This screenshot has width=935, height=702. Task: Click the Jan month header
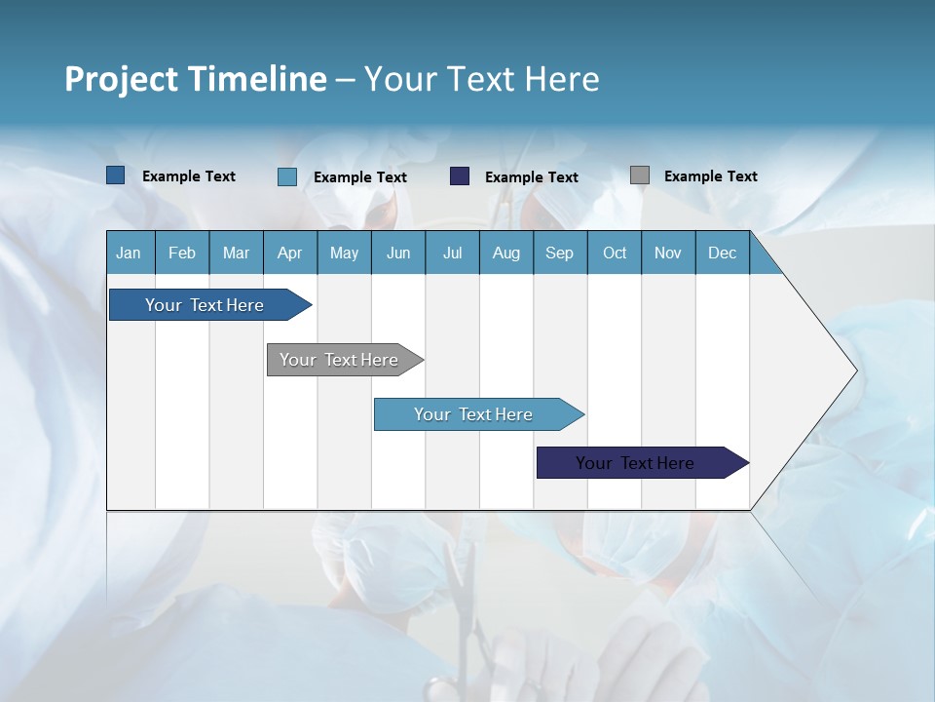point(130,253)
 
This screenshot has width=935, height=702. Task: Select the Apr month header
point(289,253)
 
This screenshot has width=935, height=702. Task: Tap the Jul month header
point(452,253)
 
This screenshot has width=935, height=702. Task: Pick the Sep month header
point(559,253)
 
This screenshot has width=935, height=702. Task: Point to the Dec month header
point(722,253)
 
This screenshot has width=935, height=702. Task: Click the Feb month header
point(182,253)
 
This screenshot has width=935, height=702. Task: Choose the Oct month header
point(615,253)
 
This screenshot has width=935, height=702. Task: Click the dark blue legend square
point(116,175)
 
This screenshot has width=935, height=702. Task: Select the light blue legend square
point(287,176)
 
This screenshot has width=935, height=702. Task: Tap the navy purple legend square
point(460,176)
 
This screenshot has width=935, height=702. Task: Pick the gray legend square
point(640,175)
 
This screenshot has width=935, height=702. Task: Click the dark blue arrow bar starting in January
point(205,305)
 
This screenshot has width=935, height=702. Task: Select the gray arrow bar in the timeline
point(339,360)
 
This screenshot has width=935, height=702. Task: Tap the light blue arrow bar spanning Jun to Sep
point(473,414)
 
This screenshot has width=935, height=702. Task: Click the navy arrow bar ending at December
point(635,463)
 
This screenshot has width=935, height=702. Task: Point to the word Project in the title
point(120,79)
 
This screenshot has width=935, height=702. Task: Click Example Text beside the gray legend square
point(710,175)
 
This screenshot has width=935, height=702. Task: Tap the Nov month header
point(668,253)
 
